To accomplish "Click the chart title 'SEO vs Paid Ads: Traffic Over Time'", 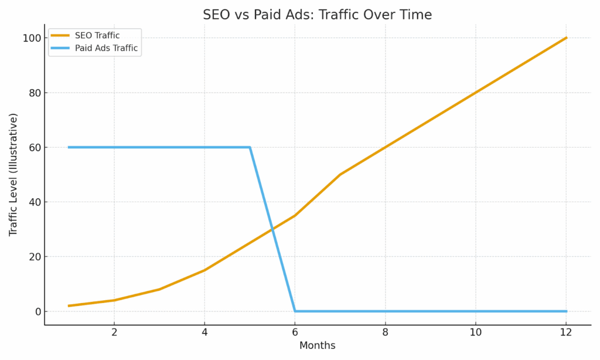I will (x=317, y=15).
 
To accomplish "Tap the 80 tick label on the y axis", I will (x=35, y=93).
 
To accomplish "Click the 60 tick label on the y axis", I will (x=35, y=147).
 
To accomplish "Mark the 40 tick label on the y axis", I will (x=35, y=202).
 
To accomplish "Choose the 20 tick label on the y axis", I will (x=35, y=257).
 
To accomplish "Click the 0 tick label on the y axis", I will (x=37, y=311).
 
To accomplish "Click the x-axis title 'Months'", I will (x=317, y=346).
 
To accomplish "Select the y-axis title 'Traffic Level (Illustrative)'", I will (x=13, y=175).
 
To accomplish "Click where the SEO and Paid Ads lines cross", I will (x=272, y=229).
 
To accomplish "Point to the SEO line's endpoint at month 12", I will (x=566, y=38).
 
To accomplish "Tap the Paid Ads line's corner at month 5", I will (x=250, y=147).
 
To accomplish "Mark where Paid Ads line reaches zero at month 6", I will (x=295, y=311).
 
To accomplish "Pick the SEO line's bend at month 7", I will (x=340, y=175).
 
